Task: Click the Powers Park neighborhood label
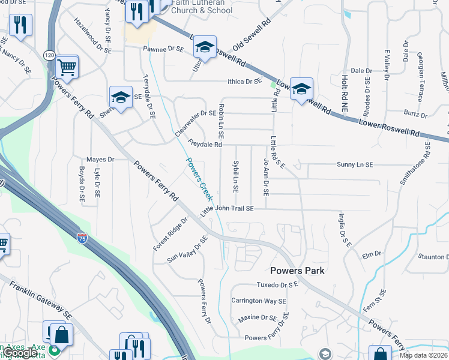(297, 271)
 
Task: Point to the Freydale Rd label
(205, 144)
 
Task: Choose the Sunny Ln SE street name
(355, 164)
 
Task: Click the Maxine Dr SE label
(257, 317)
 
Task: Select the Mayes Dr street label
(100, 160)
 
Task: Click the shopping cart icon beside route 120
(67, 67)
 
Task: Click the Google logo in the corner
(20, 353)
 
